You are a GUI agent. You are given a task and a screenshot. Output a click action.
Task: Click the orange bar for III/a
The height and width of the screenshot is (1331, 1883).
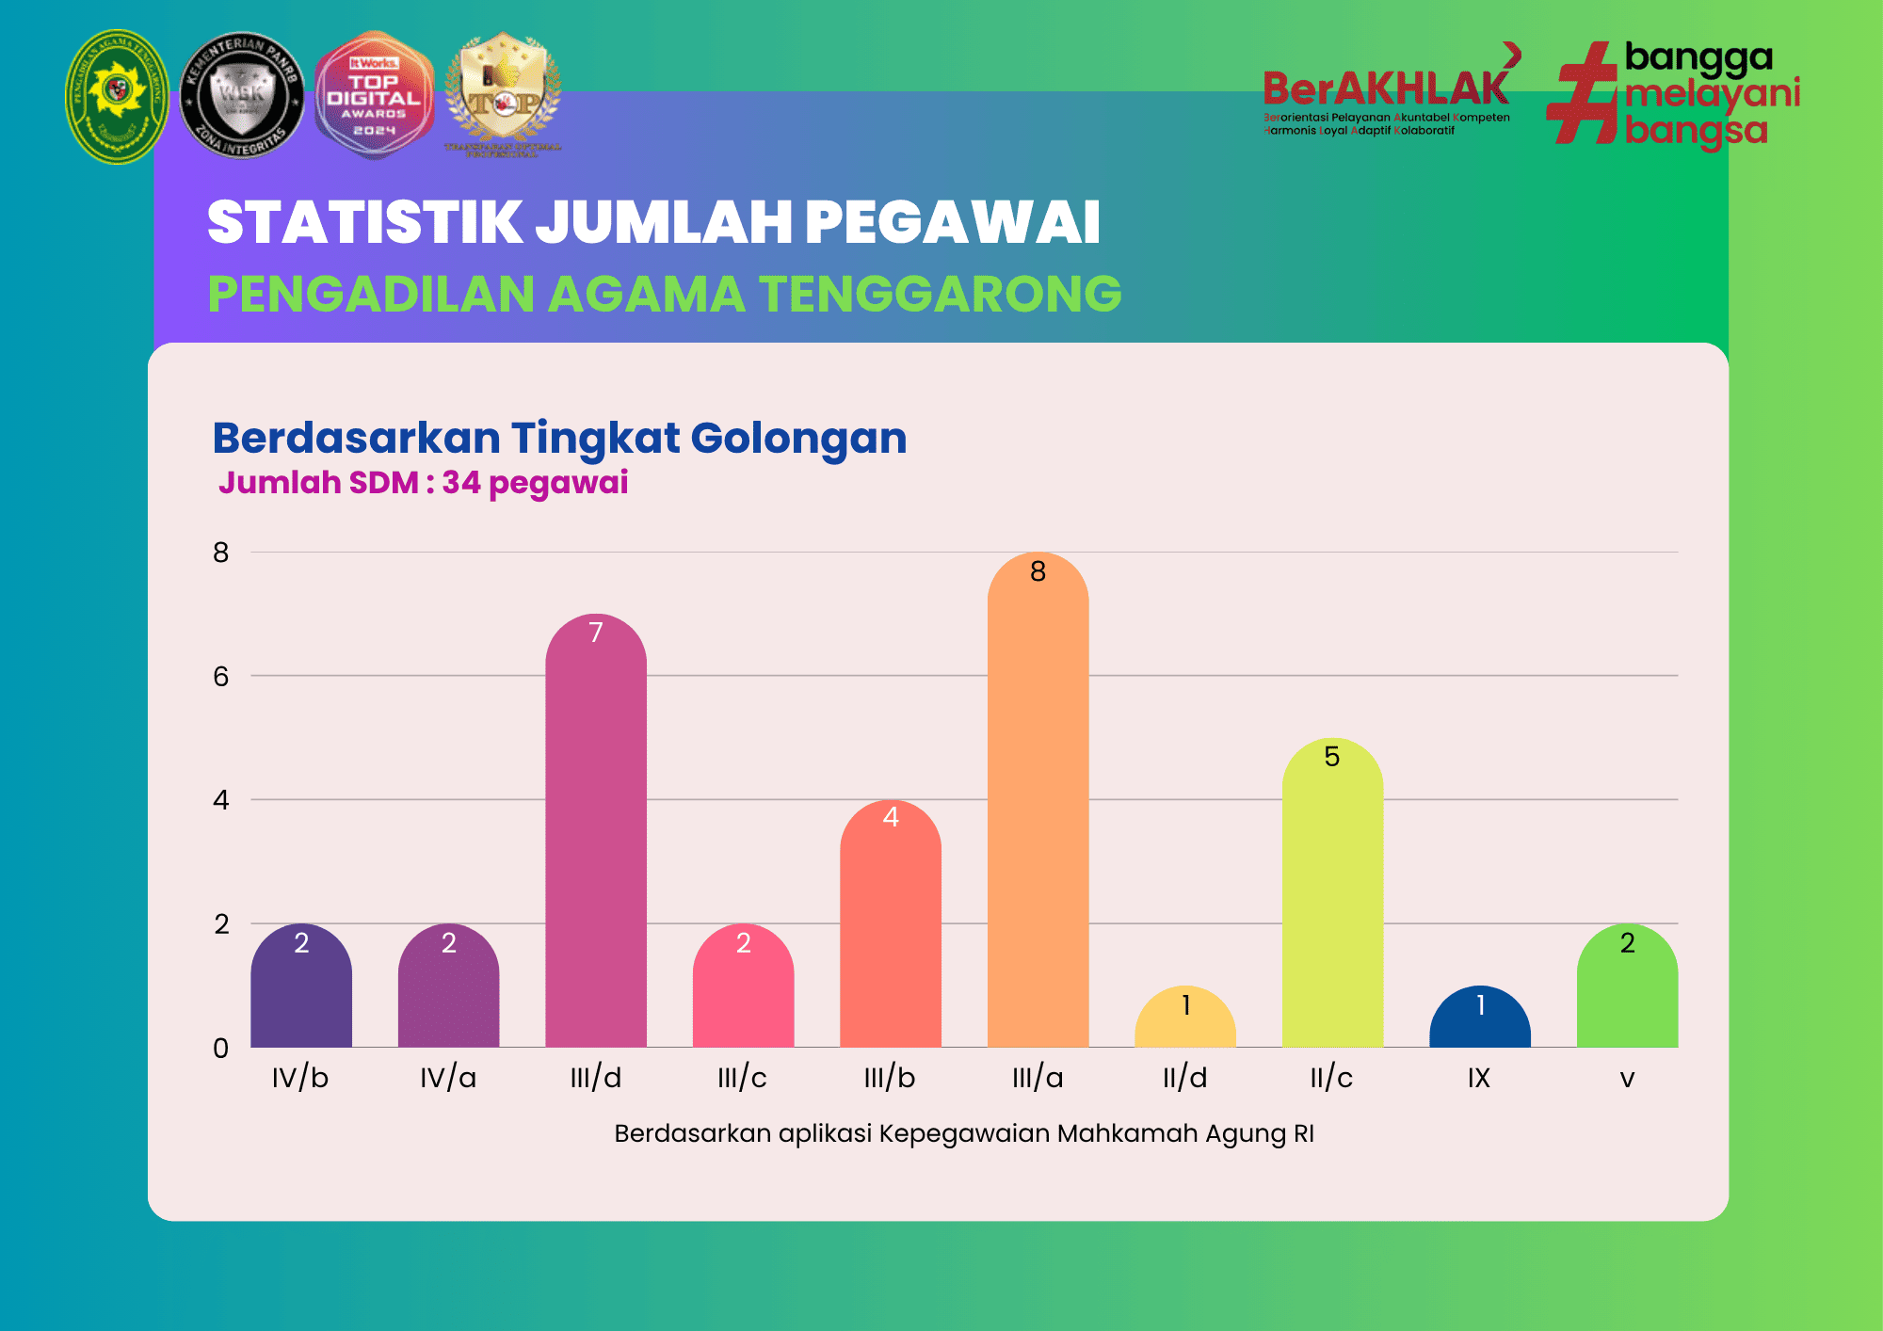pyautogui.click(x=1038, y=810)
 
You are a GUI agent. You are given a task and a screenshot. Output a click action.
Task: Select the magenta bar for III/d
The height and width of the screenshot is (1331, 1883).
pyautogui.click(x=596, y=838)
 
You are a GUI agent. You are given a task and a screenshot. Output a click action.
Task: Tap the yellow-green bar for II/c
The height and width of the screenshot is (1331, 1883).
pyautogui.click(x=1332, y=904)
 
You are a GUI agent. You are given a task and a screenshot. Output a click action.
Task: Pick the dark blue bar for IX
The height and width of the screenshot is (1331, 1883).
pyautogui.click(x=1479, y=1021)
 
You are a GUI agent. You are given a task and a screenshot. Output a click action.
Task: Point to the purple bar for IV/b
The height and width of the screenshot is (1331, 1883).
pyautogui.click(x=301, y=993)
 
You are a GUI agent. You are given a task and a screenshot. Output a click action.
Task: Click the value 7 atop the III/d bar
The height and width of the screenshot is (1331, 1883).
pyautogui.click(x=596, y=633)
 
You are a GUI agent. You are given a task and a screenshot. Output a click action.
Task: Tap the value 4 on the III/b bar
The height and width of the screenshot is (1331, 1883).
pyautogui.click(x=891, y=817)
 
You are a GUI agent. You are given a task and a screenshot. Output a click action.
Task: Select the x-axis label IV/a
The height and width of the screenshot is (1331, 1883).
pyautogui.click(x=448, y=1078)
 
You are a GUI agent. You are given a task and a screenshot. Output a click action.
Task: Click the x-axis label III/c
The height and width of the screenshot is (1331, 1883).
pyautogui.click(x=742, y=1078)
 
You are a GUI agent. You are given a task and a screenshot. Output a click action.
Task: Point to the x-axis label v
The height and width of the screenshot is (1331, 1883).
pyautogui.click(x=1627, y=1079)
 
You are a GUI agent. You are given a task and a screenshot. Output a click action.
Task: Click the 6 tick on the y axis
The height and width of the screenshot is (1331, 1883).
pyautogui.click(x=221, y=676)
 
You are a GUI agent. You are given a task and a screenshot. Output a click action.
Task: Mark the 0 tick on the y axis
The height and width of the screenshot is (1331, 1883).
pyautogui.click(x=221, y=1048)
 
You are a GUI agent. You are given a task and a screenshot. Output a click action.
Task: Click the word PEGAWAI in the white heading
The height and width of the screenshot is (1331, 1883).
pyautogui.click(x=952, y=223)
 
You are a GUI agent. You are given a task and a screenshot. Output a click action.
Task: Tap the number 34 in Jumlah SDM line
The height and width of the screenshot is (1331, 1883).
pyautogui.click(x=461, y=482)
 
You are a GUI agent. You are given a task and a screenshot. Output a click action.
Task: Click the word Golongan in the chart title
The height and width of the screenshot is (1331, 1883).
pyautogui.click(x=798, y=438)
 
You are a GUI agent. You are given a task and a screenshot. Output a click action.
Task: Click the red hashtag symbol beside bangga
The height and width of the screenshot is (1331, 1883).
pyautogui.click(x=1583, y=94)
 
